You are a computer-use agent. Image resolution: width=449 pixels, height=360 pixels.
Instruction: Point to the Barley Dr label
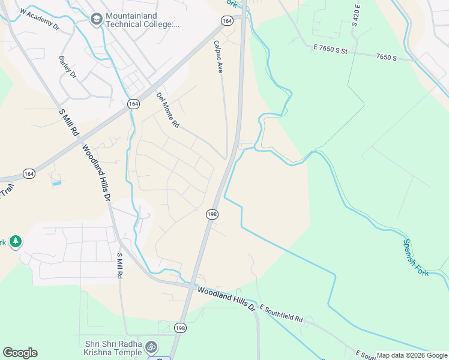(x=67, y=67)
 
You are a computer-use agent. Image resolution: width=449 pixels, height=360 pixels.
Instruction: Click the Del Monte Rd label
(x=167, y=110)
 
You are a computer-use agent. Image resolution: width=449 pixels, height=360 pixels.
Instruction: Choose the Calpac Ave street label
(x=218, y=57)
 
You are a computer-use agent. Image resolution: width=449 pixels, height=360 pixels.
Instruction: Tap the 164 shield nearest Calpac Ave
(x=226, y=21)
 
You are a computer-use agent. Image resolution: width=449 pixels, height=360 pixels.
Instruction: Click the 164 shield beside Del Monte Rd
(x=134, y=104)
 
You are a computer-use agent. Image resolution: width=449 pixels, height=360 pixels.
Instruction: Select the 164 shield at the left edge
(x=29, y=173)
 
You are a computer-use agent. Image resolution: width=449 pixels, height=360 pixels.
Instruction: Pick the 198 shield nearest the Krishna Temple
(x=180, y=328)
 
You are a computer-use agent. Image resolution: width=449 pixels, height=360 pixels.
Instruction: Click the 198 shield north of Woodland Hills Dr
(x=212, y=214)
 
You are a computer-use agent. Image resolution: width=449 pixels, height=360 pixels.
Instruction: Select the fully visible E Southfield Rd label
(x=282, y=313)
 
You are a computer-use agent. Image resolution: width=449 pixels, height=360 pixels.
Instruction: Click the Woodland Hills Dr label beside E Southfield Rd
(x=227, y=298)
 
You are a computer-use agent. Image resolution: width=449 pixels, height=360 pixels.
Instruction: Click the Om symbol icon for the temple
(x=152, y=347)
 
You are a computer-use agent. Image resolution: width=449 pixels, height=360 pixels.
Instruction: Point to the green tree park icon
(x=15, y=242)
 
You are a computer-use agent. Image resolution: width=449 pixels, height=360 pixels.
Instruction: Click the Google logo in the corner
(x=20, y=353)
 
